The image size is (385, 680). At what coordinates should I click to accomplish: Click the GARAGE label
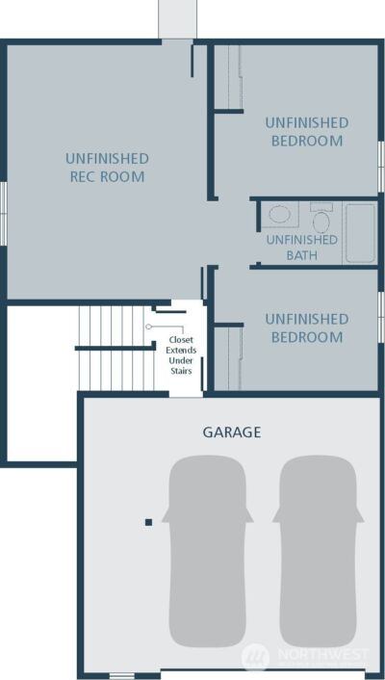coord(231,432)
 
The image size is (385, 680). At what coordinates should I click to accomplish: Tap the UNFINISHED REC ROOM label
coord(107,168)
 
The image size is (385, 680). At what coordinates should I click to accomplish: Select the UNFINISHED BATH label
coord(301,248)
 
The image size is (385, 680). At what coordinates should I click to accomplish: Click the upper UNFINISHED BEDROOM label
coord(306,132)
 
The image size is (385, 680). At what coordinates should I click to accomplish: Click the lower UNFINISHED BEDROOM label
coord(306,328)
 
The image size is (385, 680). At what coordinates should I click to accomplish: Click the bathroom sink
coord(280,215)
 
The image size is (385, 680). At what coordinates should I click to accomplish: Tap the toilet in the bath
coord(321,219)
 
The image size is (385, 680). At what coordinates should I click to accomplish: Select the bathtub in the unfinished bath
coord(360,231)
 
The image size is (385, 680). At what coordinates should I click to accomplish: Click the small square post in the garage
coord(148,522)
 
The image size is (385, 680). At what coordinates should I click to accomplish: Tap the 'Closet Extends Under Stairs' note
coord(180,355)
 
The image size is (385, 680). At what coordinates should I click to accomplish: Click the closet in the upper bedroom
coord(227,77)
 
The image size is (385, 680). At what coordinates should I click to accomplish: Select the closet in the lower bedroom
coord(227,357)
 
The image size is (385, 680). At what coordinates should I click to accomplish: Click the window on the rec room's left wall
coord(3,212)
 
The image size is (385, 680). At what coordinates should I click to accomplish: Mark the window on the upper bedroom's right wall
coord(381,166)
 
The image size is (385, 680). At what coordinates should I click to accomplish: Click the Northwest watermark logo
coord(255,657)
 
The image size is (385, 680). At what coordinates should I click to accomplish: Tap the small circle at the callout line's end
coord(149,327)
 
